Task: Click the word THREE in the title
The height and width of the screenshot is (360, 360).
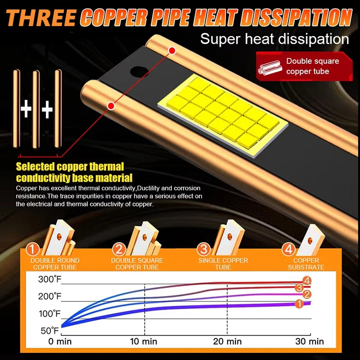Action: (x=41, y=18)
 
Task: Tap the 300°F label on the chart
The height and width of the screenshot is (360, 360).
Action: (x=50, y=279)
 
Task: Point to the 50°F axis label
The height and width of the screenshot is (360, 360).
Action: (x=50, y=331)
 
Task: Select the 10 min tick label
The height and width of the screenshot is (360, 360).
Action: (x=144, y=342)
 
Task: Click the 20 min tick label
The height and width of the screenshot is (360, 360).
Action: (x=227, y=342)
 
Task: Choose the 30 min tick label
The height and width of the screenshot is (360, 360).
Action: (x=310, y=342)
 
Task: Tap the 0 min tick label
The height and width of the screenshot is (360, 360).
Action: (x=60, y=342)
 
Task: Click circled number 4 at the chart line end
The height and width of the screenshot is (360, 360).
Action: (x=307, y=280)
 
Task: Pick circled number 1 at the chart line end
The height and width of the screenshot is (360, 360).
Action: (x=299, y=304)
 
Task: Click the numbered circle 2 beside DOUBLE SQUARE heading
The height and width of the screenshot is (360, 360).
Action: (x=119, y=249)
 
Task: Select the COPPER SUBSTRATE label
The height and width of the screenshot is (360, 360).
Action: (x=306, y=264)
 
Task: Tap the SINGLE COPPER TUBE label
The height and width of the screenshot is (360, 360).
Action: (x=223, y=264)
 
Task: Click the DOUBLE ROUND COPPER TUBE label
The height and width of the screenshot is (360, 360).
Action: (x=55, y=264)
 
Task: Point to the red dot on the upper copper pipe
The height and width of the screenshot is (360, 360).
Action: (x=172, y=51)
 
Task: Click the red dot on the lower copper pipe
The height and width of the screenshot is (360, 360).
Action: (x=111, y=106)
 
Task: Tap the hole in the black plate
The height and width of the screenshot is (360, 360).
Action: (x=139, y=72)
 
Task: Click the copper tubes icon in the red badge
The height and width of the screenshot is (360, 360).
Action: (x=270, y=68)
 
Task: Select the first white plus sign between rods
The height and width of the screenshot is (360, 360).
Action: (x=26, y=109)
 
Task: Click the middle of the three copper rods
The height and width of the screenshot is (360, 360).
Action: (x=36, y=109)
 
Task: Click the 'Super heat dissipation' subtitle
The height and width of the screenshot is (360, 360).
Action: (x=274, y=39)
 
